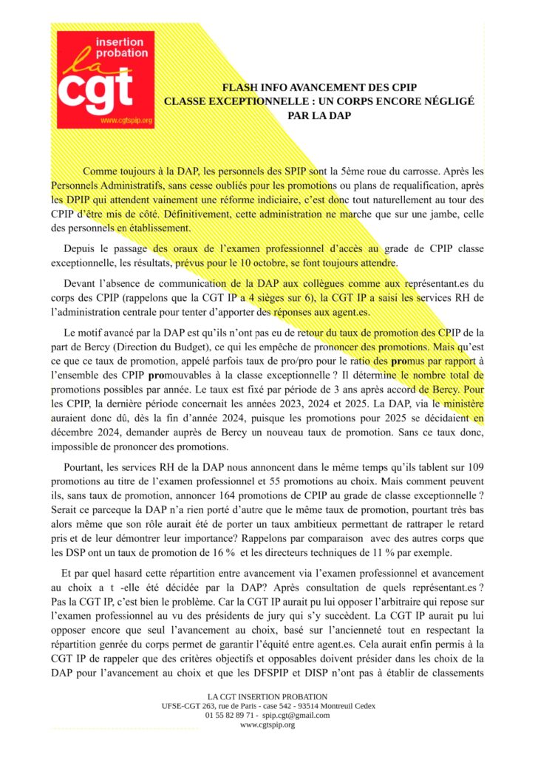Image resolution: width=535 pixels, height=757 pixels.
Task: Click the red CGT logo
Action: pyautogui.click(x=106, y=80)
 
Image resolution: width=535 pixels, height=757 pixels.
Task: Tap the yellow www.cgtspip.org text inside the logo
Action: pyautogui.click(x=126, y=120)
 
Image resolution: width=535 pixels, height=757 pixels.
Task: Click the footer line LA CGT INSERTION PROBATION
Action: pyautogui.click(x=267, y=696)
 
